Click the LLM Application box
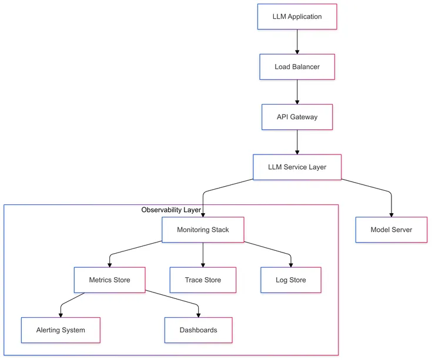click(297, 16)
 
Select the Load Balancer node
click(297, 67)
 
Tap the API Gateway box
click(297, 117)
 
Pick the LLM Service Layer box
click(297, 167)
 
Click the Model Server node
click(391, 230)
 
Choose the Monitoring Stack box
click(203, 230)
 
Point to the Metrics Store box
click(110, 280)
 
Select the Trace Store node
click(203, 280)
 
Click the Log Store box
click(291, 280)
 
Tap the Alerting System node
click(61, 330)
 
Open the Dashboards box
click(198, 330)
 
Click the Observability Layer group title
click(172, 210)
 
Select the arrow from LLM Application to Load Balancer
click(297, 41)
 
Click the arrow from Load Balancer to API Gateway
click(297, 92)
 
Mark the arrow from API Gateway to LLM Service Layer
click(297, 142)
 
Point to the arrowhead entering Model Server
click(391, 214)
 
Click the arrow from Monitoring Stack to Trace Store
click(203, 254)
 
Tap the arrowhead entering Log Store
click(291, 264)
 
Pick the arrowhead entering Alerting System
click(61, 314)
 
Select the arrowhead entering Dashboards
click(198, 314)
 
